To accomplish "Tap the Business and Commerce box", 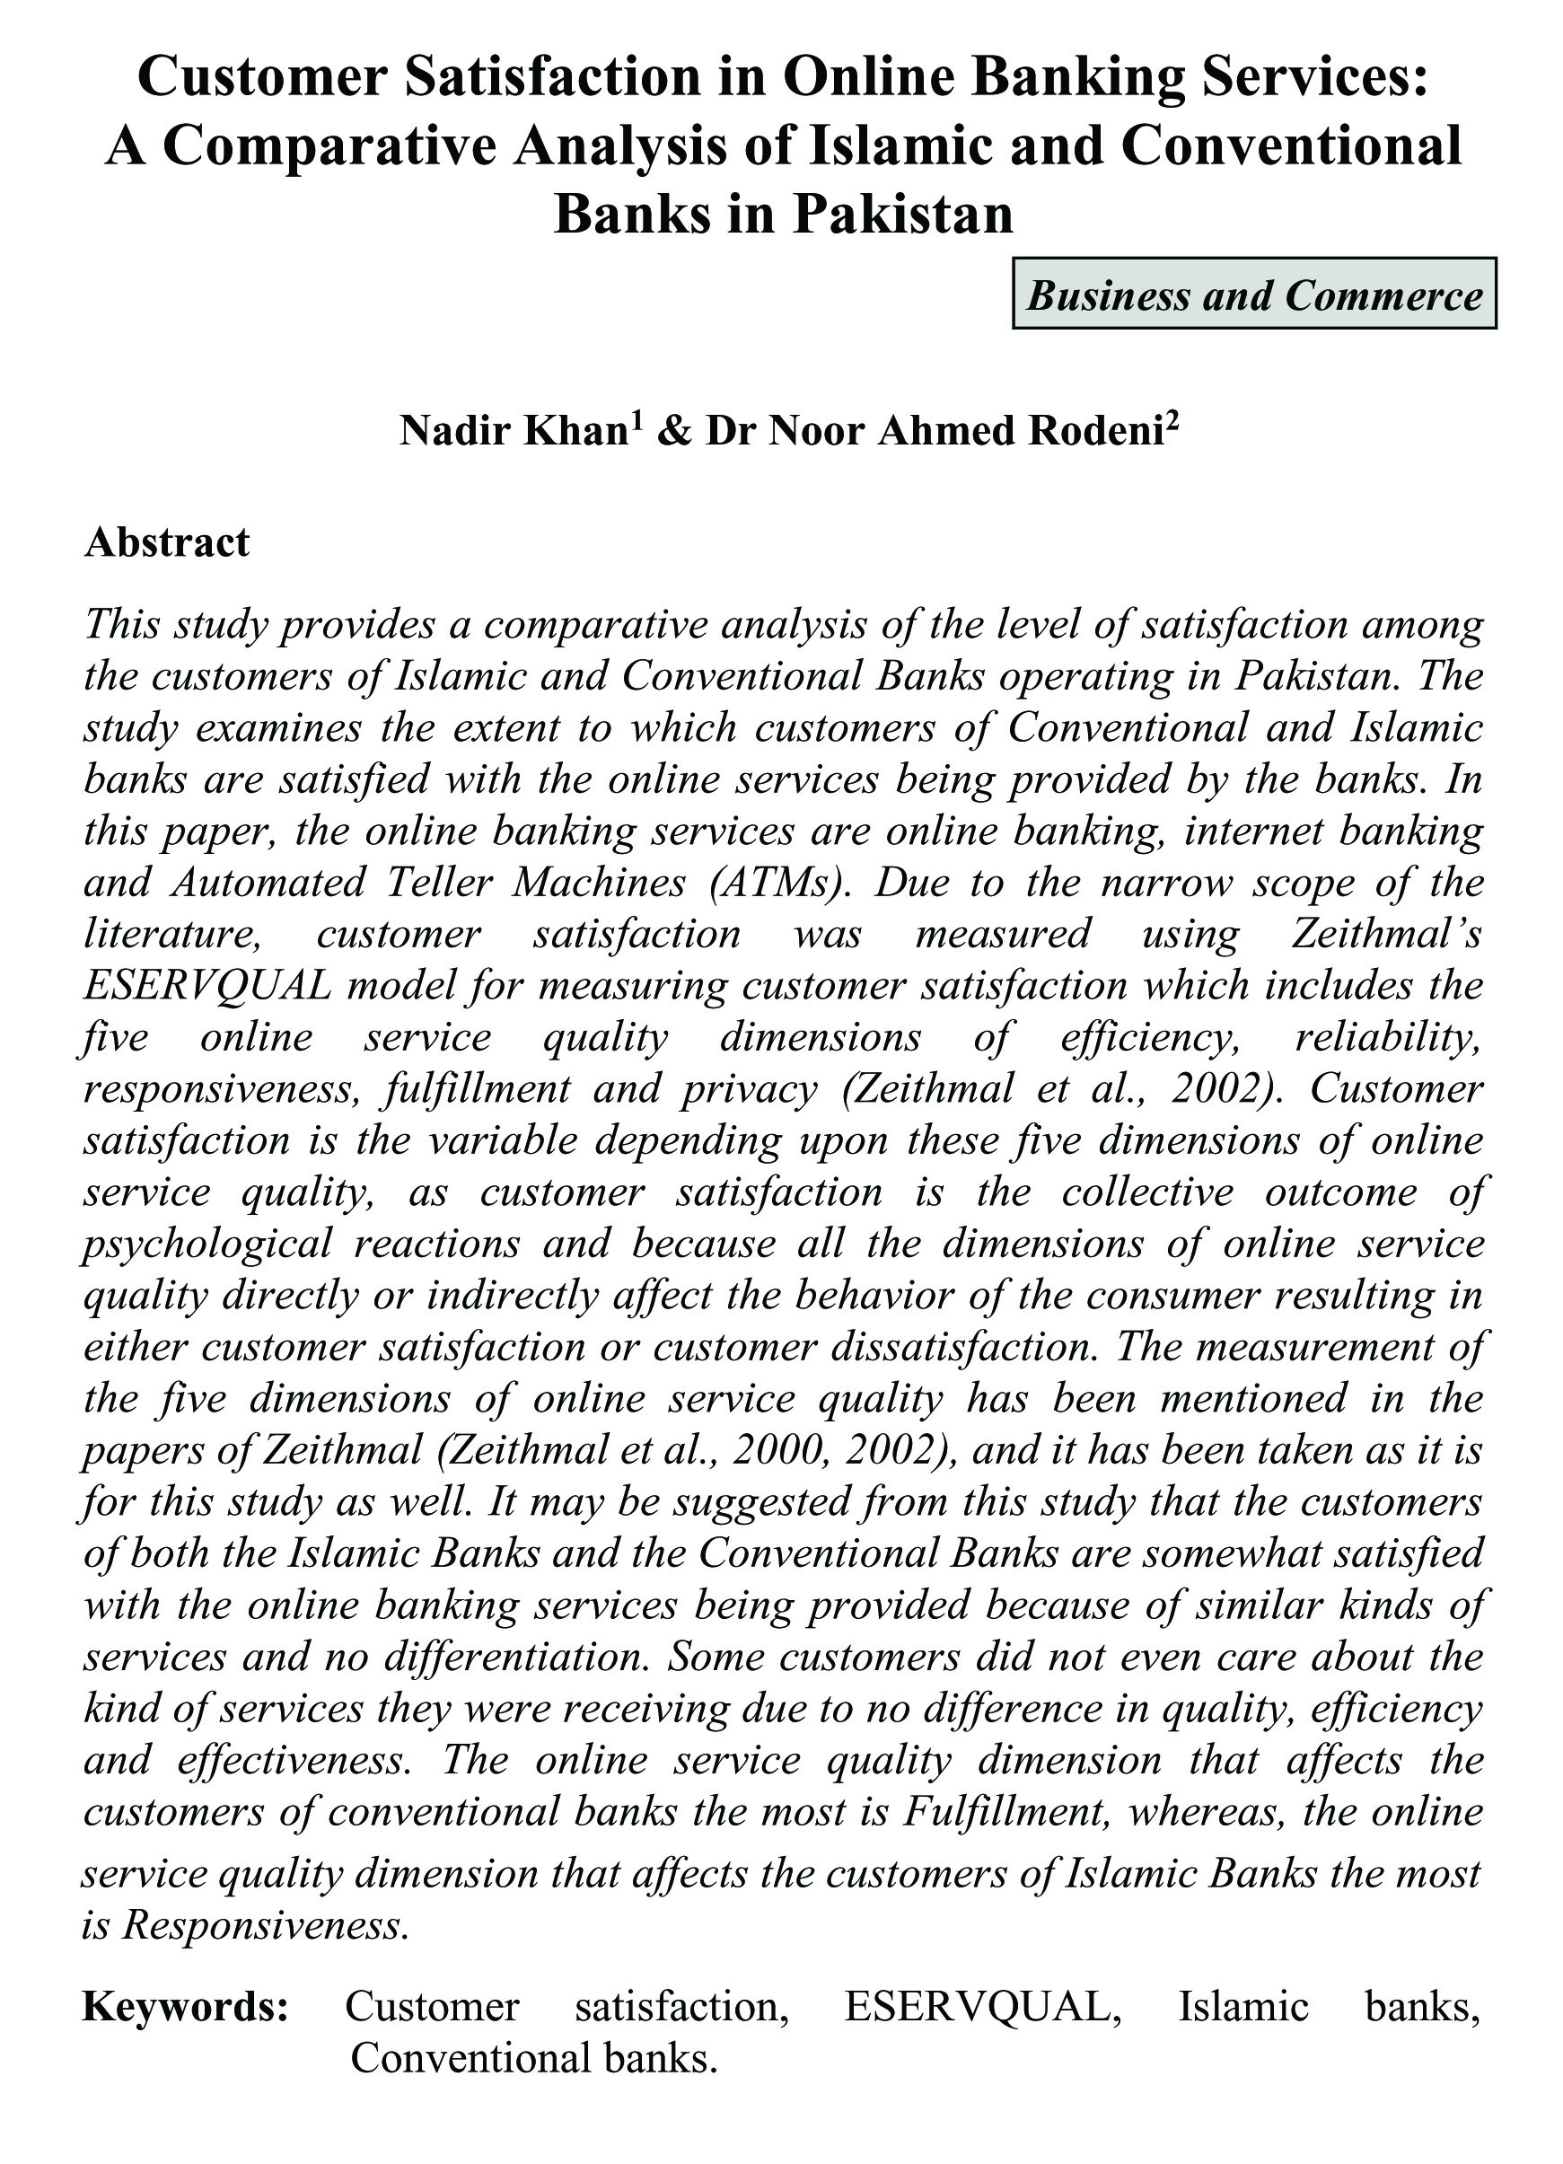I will tap(1254, 294).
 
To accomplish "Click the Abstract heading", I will tap(167, 542).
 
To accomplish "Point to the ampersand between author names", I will tap(673, 431).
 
